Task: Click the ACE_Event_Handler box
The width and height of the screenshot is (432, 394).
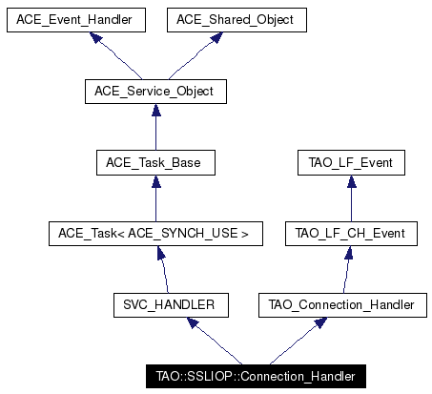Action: [x=76, y=20]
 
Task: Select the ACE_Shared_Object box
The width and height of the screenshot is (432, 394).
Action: [x=237, y=20]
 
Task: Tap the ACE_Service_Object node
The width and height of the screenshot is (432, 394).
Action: [x=155, y=92]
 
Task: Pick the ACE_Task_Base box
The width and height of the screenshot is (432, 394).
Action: [x=155, y=163]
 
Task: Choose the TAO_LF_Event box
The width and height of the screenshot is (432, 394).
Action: [x=351, y=163]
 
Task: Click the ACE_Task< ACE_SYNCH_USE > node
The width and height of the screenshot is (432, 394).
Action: [x=155, y=234]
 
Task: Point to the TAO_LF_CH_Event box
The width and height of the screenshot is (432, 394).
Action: [x=351, y=234]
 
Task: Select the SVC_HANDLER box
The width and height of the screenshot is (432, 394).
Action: [x=171, y=305]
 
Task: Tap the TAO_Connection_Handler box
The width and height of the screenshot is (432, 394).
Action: [x=342, y=305]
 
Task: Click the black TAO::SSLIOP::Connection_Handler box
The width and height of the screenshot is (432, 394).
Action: [x=256, y=377]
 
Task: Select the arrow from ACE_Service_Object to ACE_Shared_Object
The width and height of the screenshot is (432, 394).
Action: [x=195, y=56]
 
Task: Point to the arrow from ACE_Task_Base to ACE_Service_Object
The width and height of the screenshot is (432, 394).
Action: [x=156, y=127]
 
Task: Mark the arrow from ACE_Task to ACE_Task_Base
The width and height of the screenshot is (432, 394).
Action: [x=156, y=198]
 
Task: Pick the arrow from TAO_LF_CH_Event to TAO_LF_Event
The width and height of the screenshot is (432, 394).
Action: [x=352, y=198]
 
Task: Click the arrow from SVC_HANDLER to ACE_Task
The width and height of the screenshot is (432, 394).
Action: [x=164, y=270]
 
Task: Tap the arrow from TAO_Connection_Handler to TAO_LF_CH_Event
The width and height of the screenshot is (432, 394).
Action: [x=347, y=270]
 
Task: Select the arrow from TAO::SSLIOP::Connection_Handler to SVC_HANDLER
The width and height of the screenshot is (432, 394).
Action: [x=215, y=341]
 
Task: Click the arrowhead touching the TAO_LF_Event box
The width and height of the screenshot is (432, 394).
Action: [x=352, y=181]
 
